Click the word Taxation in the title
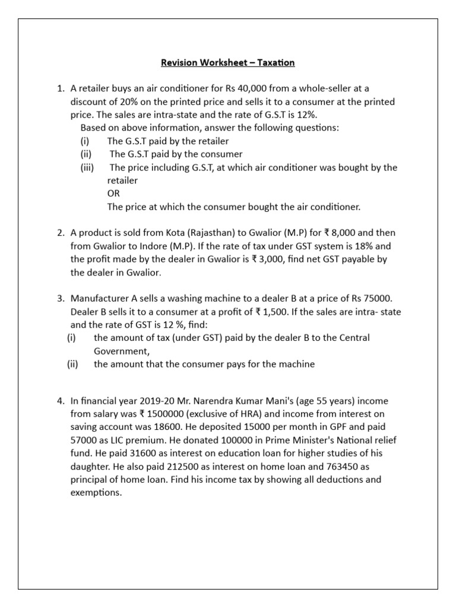275,62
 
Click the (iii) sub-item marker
88,167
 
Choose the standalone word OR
113,194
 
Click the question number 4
61,401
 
